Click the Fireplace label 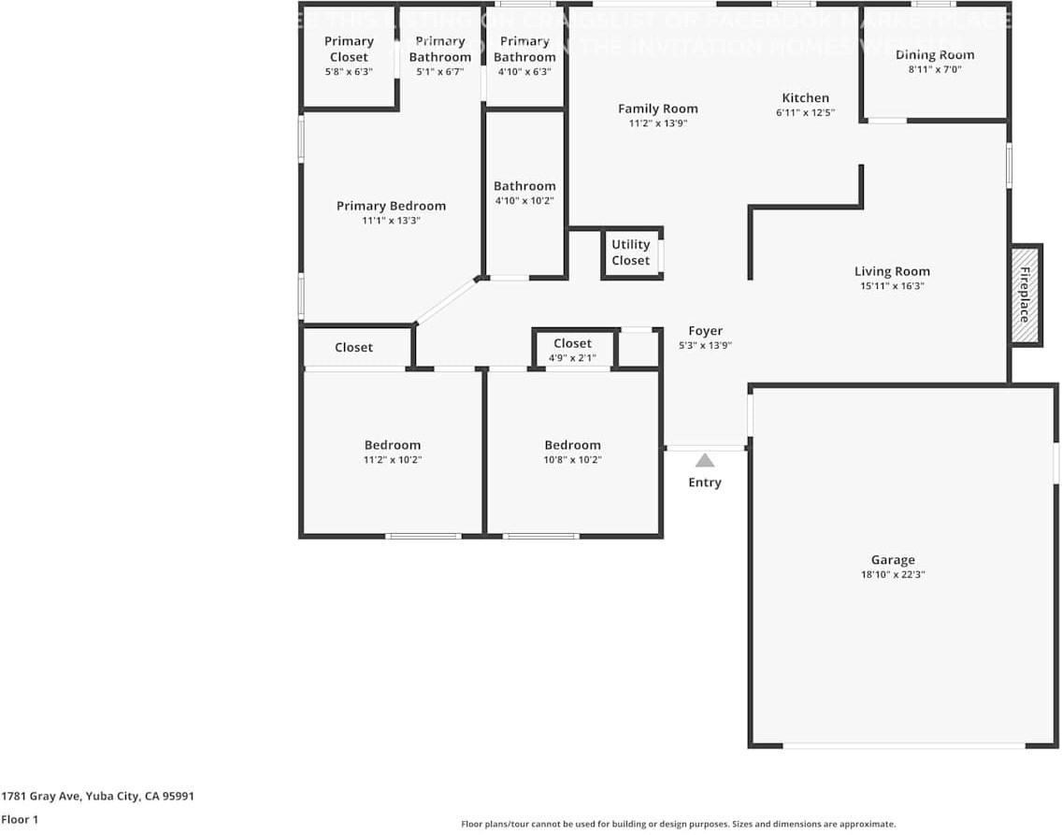(x=1025, y=295)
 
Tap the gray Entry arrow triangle (x=705, y=460)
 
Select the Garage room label (x=893, y=560)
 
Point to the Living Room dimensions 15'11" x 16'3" (x=892, y=286)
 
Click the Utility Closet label (x=631, y=252)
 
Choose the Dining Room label (x=935, y=54)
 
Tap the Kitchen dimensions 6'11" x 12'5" (x=805, y=112)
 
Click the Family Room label (x=658, y=108)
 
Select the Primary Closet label (x=349, y=49)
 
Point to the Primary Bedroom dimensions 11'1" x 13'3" (x=391, y=221)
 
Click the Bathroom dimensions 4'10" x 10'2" (x=524, y=200)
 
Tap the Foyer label (x=706, y=330)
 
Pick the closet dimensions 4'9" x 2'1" (x=572, y=357)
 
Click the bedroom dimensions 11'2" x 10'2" (x=393, y=459)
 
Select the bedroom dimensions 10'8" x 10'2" (x=573, y=459)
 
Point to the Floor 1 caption (x=20, y=819)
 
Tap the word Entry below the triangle (x=705, y=482)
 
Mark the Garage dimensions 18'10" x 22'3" (x=893, y=574)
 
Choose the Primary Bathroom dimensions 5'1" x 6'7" (x=439, y=71)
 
